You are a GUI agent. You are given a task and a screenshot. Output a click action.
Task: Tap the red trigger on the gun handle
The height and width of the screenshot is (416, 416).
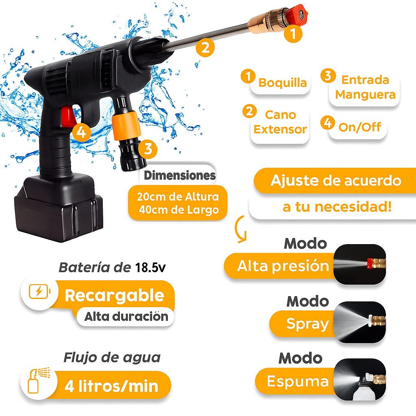tap(68, 116)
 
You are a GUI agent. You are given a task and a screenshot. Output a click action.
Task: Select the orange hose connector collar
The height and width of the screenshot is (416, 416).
tap(126, 126)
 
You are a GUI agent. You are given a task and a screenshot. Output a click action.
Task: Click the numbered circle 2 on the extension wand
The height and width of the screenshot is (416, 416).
tap(205, 48)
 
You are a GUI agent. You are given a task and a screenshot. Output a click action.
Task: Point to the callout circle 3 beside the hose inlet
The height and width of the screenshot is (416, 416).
tap(148, 149)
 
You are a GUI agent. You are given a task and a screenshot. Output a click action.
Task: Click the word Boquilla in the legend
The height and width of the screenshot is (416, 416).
tap(283, 83)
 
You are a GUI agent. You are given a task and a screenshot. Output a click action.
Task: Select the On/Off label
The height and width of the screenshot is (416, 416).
tap(360, 127)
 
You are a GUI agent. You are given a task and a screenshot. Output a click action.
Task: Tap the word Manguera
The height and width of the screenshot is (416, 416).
tap(365, 94)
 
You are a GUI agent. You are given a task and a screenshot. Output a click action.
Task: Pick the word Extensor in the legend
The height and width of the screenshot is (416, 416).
tap(280, 130)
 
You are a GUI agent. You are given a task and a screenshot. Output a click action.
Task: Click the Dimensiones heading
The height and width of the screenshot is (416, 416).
tap(180, 175)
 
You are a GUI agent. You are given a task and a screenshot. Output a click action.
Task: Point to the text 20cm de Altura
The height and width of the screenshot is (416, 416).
tap(178, 197)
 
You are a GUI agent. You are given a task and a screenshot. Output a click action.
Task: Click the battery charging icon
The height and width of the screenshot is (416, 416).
tap(39, 292)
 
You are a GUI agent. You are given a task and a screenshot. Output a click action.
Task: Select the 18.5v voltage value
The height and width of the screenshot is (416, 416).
tap(150, 268)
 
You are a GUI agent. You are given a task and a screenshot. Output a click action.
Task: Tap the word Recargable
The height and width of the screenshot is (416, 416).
tap(114, 295)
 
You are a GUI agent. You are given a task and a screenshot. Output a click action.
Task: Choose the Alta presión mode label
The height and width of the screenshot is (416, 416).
tap(283, 266)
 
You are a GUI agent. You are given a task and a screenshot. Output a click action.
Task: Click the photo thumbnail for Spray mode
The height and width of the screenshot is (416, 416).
tap(360, 322)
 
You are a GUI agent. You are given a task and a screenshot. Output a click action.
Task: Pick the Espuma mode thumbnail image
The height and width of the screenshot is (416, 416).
tap(360, 379)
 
